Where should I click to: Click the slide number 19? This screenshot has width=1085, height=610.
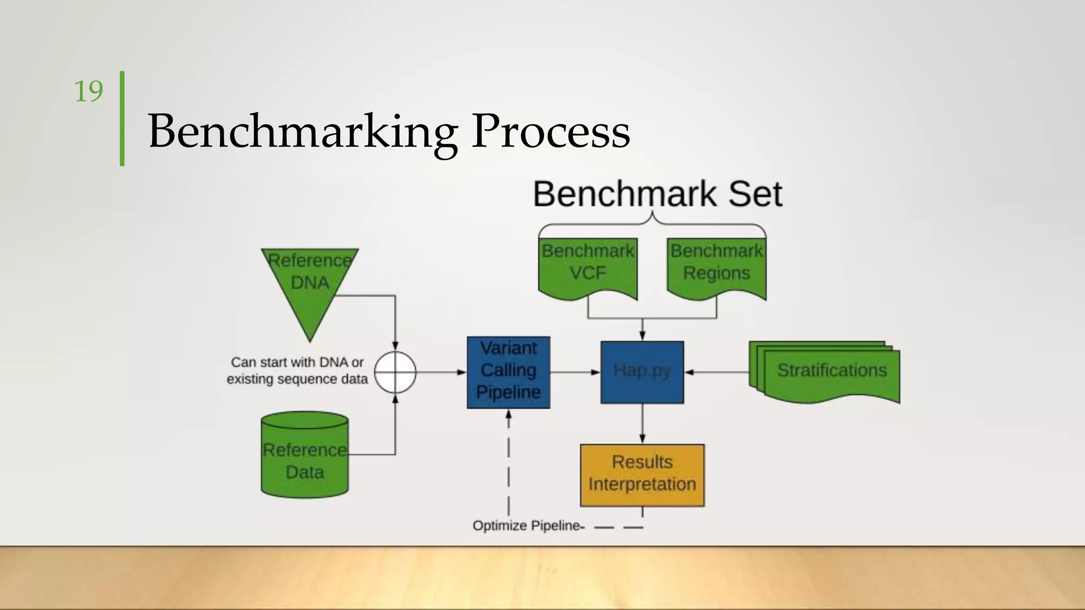coord(88,92)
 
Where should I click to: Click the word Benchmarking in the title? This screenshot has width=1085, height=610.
coord(303,131)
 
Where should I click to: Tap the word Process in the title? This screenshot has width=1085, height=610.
coord(550,131)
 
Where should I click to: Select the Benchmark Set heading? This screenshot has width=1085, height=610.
coord(657,194)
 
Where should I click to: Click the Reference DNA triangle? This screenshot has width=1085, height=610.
coord(310,286)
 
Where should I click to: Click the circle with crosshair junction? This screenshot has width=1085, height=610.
coord(395,372)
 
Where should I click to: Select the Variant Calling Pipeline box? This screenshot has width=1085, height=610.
coord(508,372)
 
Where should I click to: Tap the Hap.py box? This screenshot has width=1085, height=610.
coord(642,372)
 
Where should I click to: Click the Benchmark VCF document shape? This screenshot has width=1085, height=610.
coord(588,267)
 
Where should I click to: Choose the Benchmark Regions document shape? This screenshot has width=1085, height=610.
coord(716,267)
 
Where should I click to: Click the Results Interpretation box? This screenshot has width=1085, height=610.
coord(642,474)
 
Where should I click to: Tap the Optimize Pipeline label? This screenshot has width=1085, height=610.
coord(528,526)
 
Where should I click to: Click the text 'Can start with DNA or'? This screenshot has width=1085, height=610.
coord(297,363)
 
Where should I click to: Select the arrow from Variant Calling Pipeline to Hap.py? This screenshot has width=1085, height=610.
coord(575,372)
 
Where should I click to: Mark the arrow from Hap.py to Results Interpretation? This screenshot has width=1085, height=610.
coord(642,424)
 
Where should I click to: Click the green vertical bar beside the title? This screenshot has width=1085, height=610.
coord(122,119)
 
